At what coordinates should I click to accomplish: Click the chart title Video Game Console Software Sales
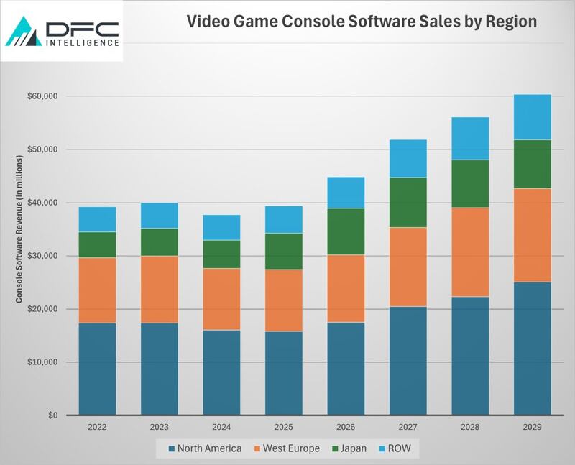[x=362, y=22]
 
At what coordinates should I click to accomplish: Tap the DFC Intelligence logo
[x=62, y=32]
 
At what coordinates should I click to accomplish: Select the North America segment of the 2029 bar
[x=532, y=349]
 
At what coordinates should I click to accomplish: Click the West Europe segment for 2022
[x=97, y=290]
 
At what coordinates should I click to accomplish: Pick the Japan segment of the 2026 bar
[x=346, y=231]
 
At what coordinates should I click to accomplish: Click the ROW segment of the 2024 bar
[x=221, y=227]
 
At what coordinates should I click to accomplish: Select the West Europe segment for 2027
[x=408, y=267]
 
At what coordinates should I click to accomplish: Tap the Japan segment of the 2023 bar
[x=160, y=242]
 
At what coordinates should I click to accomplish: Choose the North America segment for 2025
[x=284, y=373]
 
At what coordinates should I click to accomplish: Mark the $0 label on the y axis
[x=51, y=415]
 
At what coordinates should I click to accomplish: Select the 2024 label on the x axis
[x=221, y=427]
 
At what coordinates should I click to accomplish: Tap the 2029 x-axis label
[x=532, y=427]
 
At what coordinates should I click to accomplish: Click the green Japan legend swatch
[x=336, y=449]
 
